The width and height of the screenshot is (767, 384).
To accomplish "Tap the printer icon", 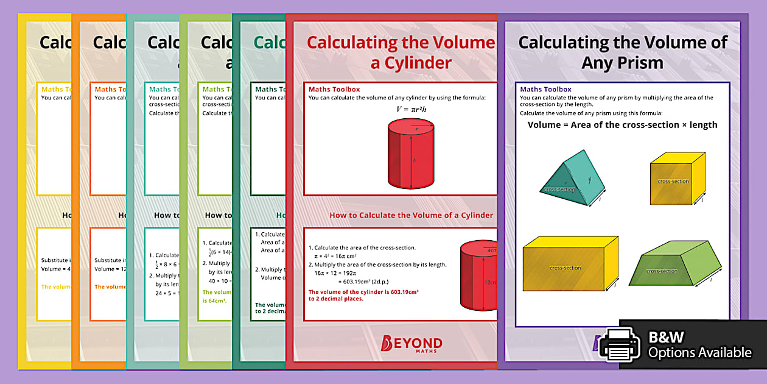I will click(x=620, y=344).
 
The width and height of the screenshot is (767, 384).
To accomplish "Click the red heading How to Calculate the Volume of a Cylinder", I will click(x=411, y=215).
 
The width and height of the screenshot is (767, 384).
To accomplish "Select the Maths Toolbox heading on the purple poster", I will click(x=545, y=90).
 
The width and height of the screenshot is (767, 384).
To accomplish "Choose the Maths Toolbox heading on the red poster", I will click(x=334, y=90).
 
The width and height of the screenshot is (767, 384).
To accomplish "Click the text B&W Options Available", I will click(x=699, y=345).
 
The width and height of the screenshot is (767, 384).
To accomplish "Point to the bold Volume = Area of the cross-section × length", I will click(x=622, y=125).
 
